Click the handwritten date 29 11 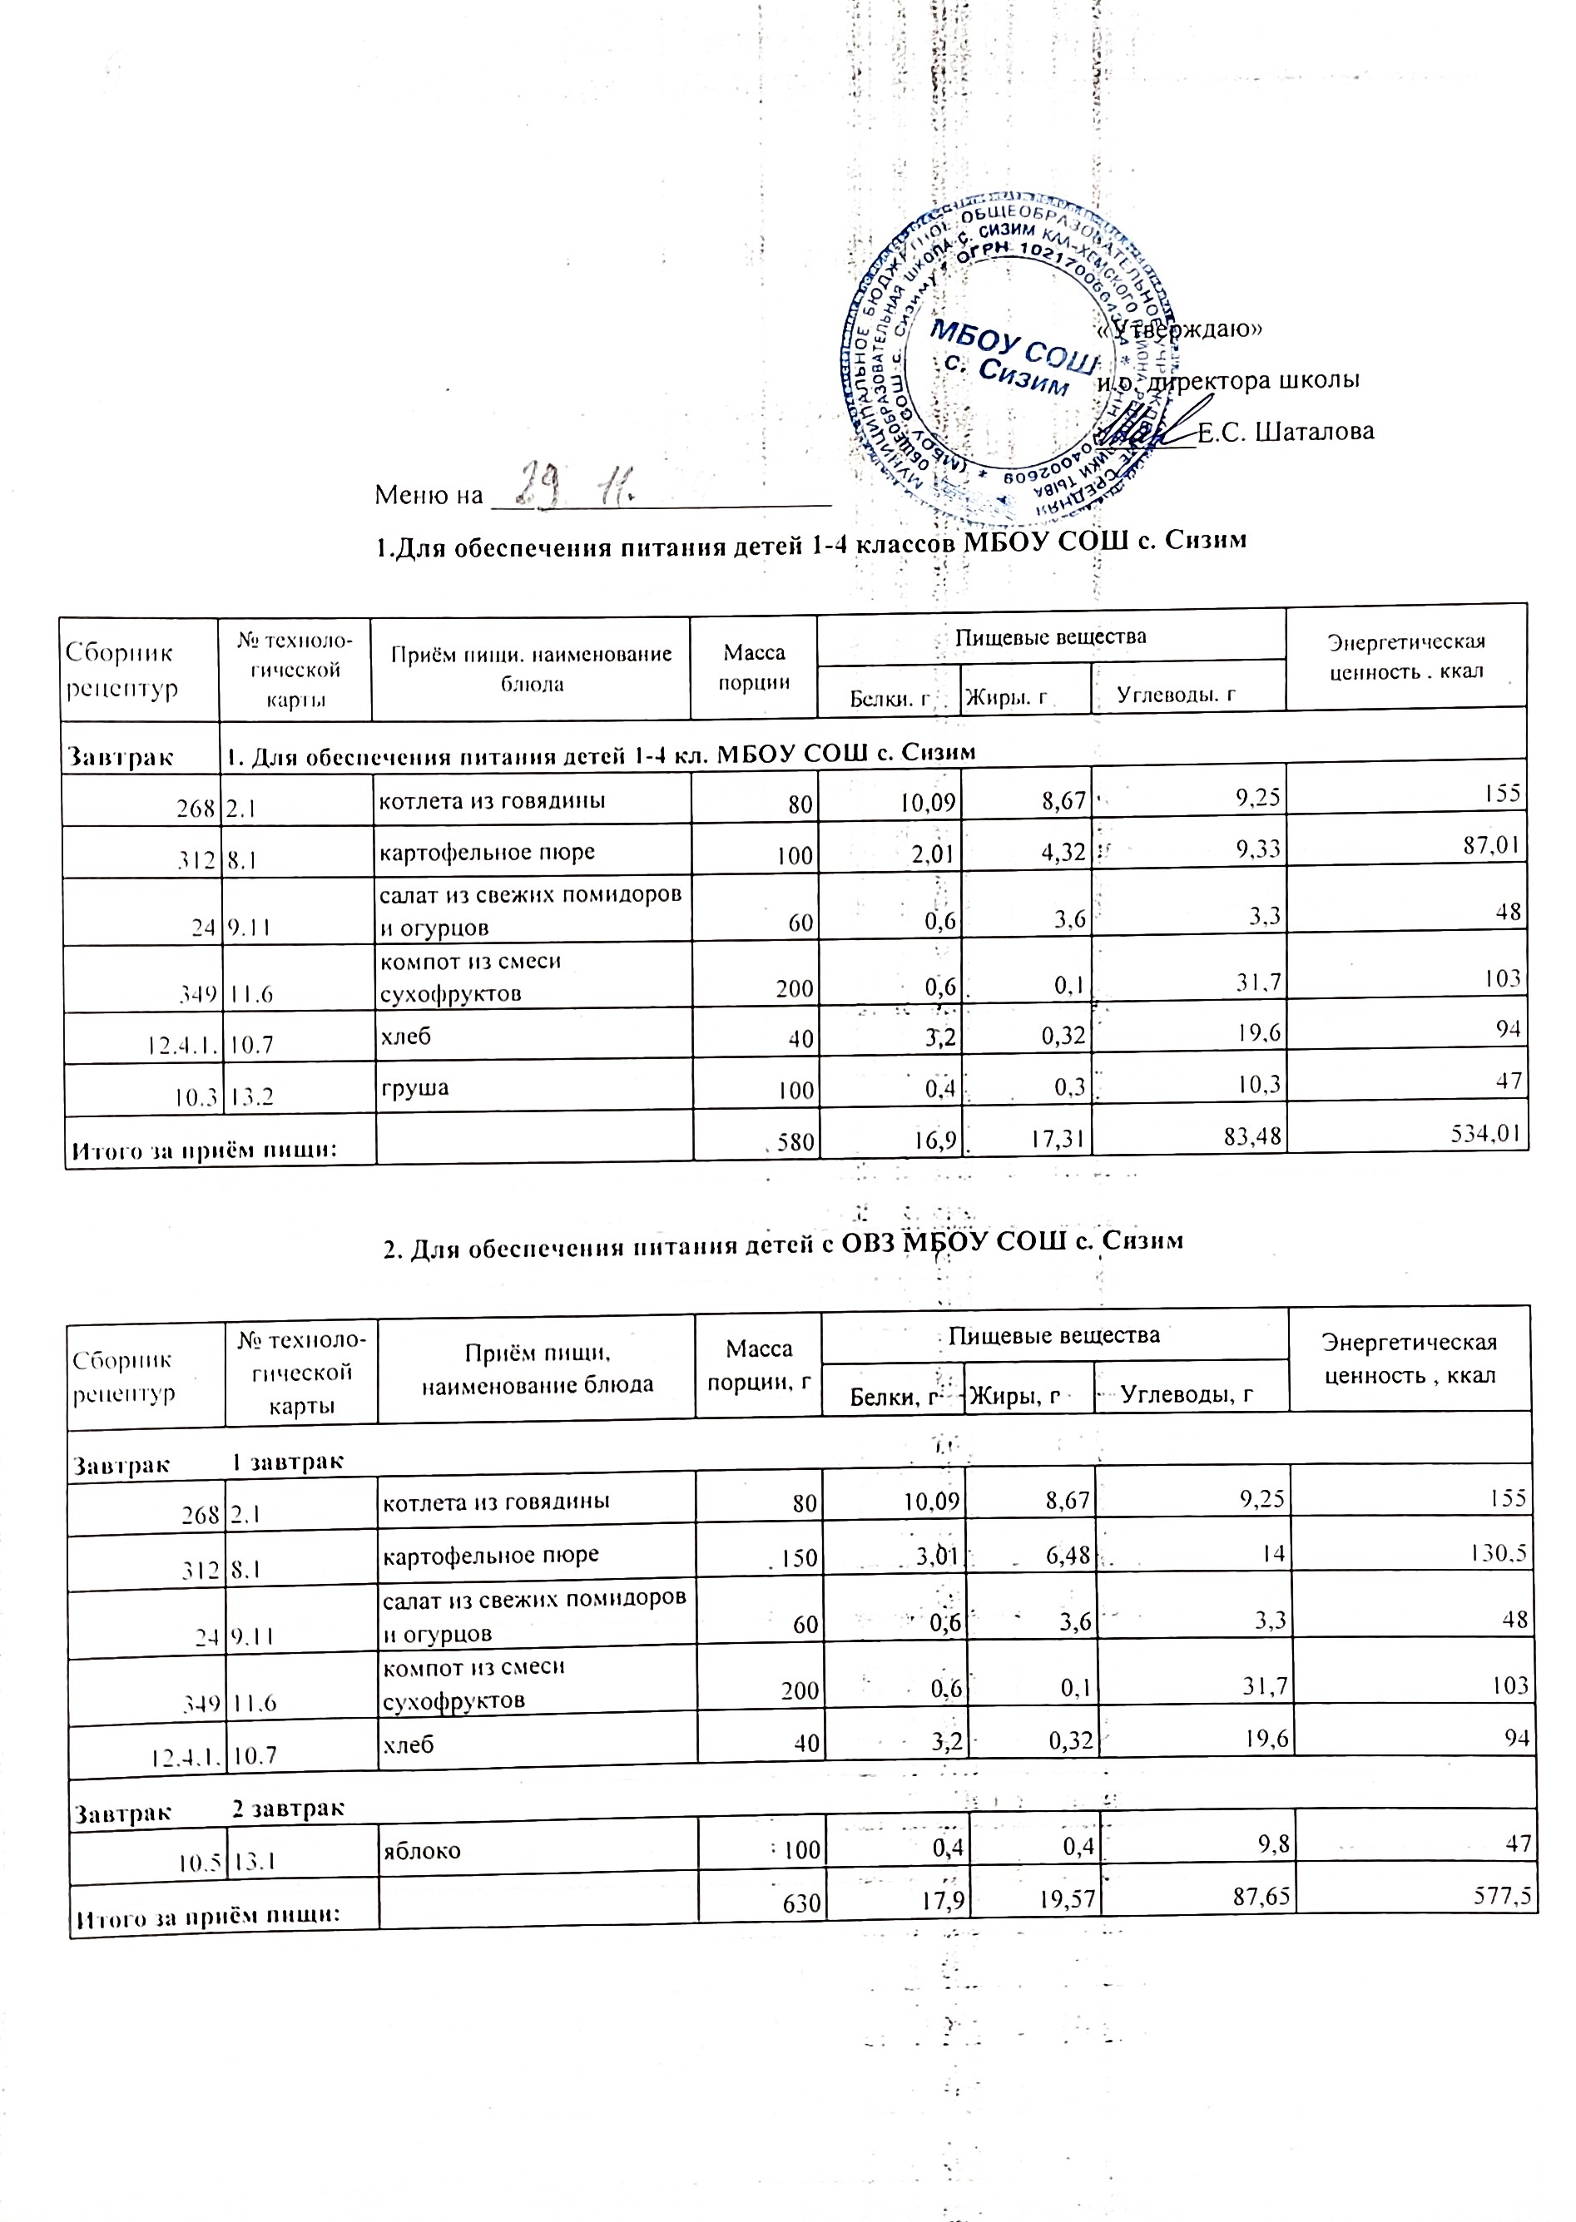(x=572, y=483)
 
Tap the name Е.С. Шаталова (x=1285, y=432)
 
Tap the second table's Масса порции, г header (x=759, y=1364)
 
